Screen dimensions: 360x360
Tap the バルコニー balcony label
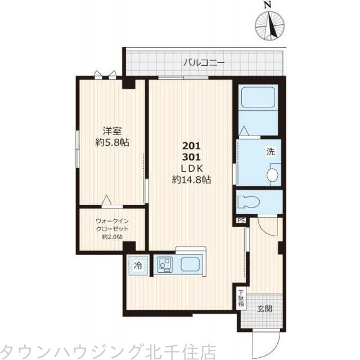coord(204,62)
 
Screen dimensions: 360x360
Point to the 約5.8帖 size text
coord(111,142)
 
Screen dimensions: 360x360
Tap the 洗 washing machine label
coord(270,151)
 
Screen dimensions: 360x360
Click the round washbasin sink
coord(273,174)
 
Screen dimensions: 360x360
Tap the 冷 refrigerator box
coord(138,264)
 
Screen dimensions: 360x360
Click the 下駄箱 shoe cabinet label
coord(240,296)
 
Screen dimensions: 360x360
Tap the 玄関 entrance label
coord(264,308)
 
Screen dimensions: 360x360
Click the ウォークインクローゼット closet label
coord(112,224)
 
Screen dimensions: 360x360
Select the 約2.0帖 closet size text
coord(112,237)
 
